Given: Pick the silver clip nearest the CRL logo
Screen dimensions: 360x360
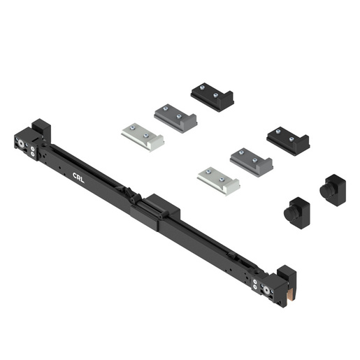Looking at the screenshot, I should coord(142,135).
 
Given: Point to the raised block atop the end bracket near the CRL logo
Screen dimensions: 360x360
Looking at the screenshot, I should coord(41,129).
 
